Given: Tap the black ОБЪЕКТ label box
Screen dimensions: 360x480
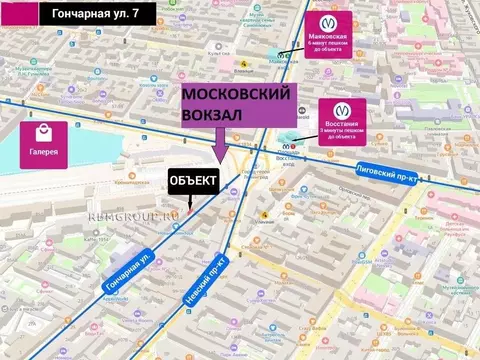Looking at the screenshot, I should click(192, 180).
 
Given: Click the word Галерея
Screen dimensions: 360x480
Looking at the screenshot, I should click(43, 152).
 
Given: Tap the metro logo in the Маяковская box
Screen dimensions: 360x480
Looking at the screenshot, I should click(329, 21).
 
